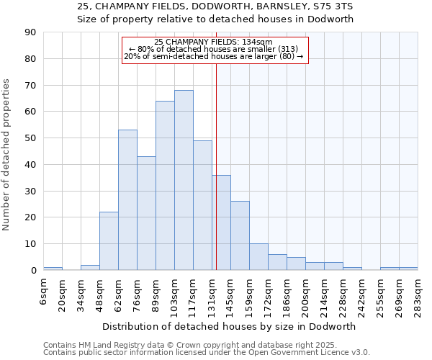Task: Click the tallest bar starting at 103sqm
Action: point(184,180)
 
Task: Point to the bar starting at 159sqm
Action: point(258,257)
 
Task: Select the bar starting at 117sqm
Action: point(202,205)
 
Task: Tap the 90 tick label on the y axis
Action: point(30,32)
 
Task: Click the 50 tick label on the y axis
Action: point(30,138)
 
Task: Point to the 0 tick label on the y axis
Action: point(33,271)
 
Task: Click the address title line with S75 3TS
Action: point(215,6)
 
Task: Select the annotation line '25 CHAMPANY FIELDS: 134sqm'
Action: point(214,42)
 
